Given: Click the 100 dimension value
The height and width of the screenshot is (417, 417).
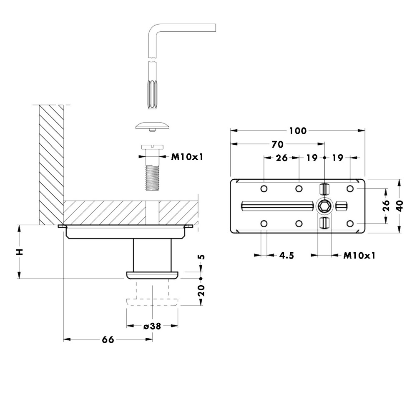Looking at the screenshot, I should [x=298, y=131].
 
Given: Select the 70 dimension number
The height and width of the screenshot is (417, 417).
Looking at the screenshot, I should [x=277, y=145].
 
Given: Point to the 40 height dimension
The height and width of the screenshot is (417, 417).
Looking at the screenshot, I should [x=400, y=206].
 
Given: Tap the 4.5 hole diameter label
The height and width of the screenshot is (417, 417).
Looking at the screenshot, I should [x=286, y=255].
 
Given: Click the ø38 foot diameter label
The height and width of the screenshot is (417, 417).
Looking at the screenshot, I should [x=152, y=326].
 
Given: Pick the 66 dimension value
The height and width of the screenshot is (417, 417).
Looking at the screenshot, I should [x=108, y=340].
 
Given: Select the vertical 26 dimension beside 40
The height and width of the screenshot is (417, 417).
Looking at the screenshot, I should [x=387, y=206].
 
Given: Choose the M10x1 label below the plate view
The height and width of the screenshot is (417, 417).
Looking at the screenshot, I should [x=359, y=255].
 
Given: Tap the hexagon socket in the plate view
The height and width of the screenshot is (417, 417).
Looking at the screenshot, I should [x=324, y=206].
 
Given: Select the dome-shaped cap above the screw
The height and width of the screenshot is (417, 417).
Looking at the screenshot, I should [x=153, y=126].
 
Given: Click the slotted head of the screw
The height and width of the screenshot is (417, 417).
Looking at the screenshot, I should [x=153, y=148].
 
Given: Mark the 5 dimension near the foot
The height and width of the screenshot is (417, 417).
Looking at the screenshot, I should [x=201, y=257].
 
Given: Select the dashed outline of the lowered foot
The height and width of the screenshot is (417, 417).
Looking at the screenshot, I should [x=153, y=301].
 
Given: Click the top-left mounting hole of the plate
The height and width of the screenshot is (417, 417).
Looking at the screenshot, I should [x=264, y=189].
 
